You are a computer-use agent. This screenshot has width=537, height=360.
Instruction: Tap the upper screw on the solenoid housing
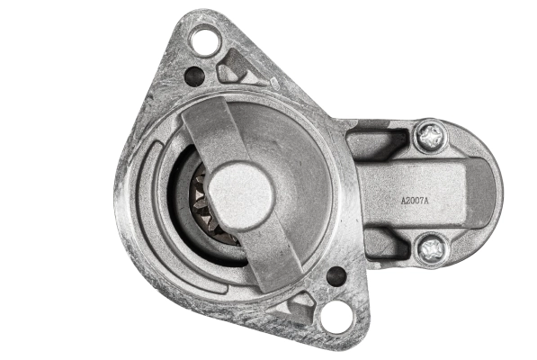pyautogui.click(x=431, y=137)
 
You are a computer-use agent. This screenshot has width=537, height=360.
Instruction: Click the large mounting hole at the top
pyautogui.click(x=205, y=41)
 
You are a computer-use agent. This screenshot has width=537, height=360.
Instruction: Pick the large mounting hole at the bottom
pyautogui.click(x=336, y=316)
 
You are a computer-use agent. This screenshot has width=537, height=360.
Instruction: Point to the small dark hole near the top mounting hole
pyautogui.click(x=194, y=76)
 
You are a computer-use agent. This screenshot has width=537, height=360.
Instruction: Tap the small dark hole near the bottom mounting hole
pyautogui.click(x=336, y=275)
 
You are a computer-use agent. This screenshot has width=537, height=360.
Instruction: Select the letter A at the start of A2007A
pyautogui.click(x=403, y=201)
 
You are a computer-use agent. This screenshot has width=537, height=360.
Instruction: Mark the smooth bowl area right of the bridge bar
pyautogui.click(x=297, y=171)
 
